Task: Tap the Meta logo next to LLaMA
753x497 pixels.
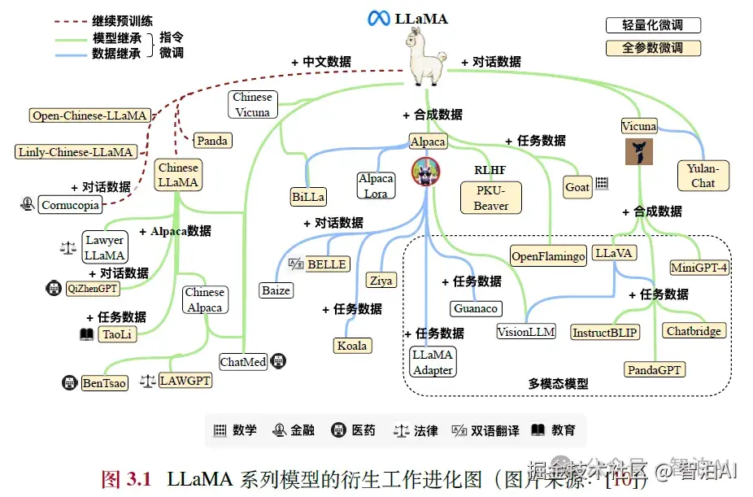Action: pyautogui.click(x=378, y=18)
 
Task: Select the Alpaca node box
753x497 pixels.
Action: pyautogui.click(x=428, y=142)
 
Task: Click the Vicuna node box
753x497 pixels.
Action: pyautogui.click(x=638, y=126)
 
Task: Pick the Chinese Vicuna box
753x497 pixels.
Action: pyautogui.click(x=252, y=105)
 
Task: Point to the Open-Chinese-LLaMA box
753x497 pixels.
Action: pyautogui.click(x=89, y=116)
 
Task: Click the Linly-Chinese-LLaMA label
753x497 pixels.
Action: pyautogui.click(x=75, y=151)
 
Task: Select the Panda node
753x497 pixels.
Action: pyautogui.click(x=212, y=141)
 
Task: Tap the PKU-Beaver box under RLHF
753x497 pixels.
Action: pyautogui.click(x=491, y=198)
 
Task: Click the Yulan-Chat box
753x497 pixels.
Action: pyautogui.click(x=703, y=176)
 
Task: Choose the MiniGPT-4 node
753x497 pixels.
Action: pyautogui.click(x=699, y=267)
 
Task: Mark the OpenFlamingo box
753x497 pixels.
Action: pyautogui.click(x=548, y=256)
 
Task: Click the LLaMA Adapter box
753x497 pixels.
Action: pyautogui.click(x=433, y=362)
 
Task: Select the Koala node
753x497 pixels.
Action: pyautogui.click(x=351, y=346)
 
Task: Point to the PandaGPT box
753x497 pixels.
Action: pyautogui.click(x=655, y=370)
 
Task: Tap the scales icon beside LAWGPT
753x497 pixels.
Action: pyautogui.click(x=148, y=380)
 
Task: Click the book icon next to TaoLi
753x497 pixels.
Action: pyautogui.click(x=86, y=334)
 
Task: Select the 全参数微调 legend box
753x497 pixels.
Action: pyautogui.click(x=654, y=48)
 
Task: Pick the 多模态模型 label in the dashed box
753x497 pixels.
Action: pyautogui.click(x=558, y=384)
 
